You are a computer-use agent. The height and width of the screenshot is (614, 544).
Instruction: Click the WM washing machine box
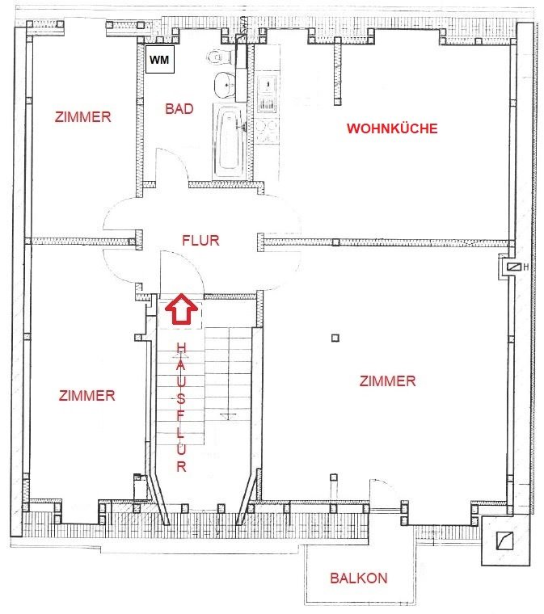160,60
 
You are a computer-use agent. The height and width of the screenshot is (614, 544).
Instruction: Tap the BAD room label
179,109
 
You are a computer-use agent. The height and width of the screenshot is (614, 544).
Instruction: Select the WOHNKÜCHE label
392,128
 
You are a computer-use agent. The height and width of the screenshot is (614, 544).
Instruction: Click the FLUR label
200,240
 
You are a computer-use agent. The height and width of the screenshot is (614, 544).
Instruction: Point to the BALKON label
359,578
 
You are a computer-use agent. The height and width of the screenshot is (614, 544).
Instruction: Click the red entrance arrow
181,309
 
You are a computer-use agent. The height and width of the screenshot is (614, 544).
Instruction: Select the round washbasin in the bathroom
225,85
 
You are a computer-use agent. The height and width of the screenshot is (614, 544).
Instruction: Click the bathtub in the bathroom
230,141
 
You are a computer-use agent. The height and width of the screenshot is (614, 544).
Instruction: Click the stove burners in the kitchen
267,132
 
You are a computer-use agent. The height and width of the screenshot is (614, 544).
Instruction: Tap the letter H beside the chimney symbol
526,267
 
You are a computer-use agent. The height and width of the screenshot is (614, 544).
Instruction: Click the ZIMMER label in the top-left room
83,116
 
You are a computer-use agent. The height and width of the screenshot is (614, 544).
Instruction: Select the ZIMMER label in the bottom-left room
87,396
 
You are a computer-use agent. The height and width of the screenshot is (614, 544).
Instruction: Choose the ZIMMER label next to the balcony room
388,381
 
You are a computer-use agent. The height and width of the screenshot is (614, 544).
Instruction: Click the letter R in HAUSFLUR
181,466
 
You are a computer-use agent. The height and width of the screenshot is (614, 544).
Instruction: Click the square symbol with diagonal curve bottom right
504,540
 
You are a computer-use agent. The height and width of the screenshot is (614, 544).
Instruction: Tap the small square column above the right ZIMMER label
335,338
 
